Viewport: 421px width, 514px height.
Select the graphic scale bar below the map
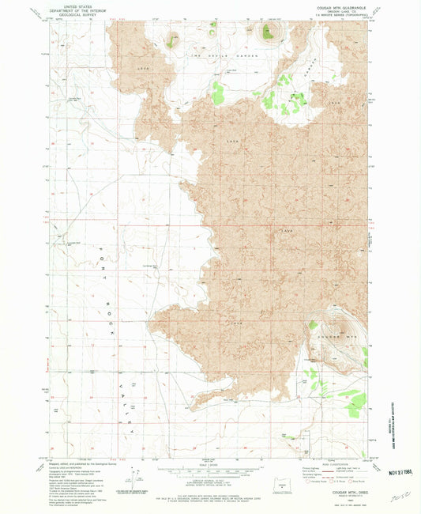pos(210,471)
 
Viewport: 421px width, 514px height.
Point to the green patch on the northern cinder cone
pos(269,32)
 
